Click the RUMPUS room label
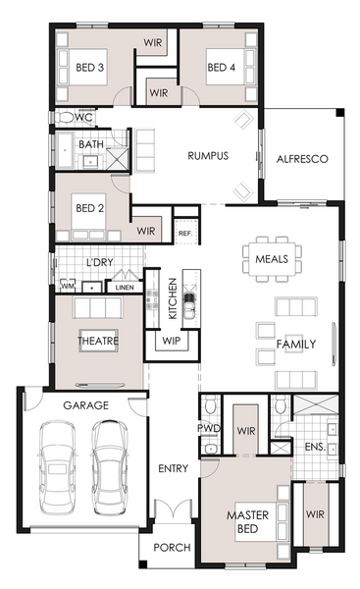(x=208, y=155)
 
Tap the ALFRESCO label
(x=302, y=159)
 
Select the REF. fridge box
(x=185, y=231)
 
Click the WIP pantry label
(x=172, y=341)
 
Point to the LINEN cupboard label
(x=125, y=288)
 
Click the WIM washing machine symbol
(x=68, y=286)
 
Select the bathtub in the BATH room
(x=66, y=150)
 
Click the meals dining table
(x=272, y=259)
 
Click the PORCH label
(x=172, y=548)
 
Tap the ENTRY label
(x=173, y=468)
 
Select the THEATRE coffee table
(x=98, y=341)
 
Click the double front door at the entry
(x=174, y=509)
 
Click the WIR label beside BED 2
(x=146, y=231)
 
